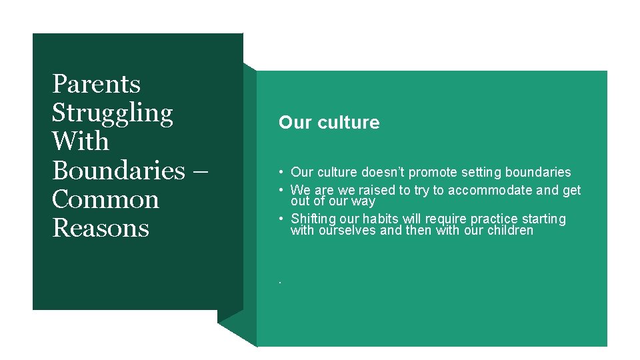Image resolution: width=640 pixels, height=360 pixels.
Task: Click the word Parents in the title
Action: [96, 84]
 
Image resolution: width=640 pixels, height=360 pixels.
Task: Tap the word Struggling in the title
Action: [112, 114]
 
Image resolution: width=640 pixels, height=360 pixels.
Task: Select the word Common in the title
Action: [105, 199]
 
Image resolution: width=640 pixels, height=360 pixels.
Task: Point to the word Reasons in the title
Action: [101, 228]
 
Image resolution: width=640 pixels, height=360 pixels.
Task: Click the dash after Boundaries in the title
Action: [203, 171]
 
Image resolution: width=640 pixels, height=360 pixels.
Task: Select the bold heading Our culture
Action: [329, 123]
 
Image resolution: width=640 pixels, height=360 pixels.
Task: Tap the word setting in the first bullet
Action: [477, 173]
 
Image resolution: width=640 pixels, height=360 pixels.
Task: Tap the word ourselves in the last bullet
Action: [346, 231]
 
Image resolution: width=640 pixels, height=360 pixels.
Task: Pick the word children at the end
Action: [510, 231]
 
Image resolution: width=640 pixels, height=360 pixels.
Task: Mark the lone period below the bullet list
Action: [281, 283]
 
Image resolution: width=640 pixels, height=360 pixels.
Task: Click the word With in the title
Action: [80, 142]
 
